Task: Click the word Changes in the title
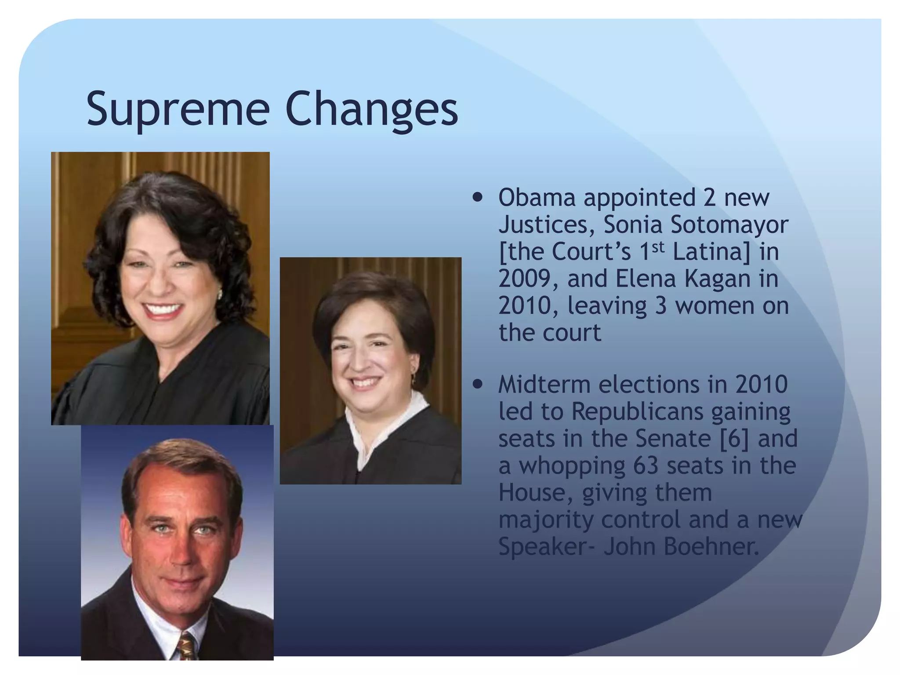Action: (371, 110)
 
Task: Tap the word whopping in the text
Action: (572, 467)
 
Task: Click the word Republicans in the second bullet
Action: (636, 412)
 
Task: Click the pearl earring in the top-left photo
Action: (219, 293)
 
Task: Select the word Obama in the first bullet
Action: (537, 198)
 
